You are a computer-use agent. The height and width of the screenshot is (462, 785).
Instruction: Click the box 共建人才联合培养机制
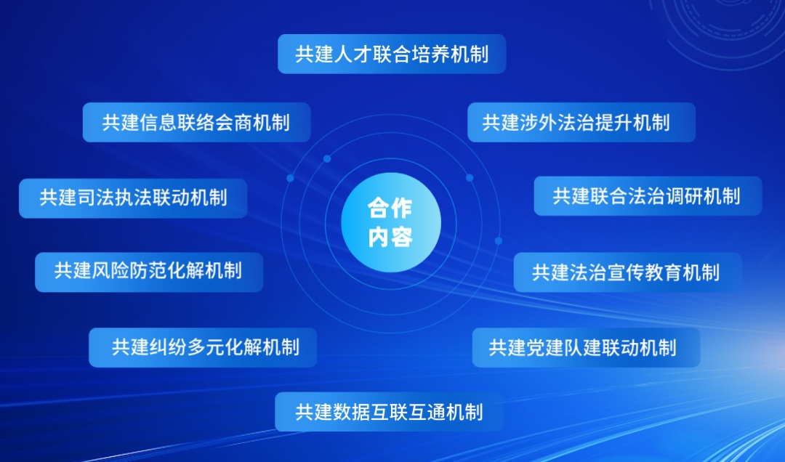(x=392, y=54)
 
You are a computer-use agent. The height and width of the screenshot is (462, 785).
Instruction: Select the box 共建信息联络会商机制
(x=196, y=123)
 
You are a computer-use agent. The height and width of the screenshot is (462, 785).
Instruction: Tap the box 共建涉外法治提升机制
(x=581, y=123)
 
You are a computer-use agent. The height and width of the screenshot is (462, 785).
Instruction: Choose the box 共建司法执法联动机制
(x=133, y=198)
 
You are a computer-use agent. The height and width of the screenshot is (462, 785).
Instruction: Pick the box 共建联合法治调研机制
(x=648, y=196)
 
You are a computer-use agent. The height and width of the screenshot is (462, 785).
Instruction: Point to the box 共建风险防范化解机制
(x=149, y=272)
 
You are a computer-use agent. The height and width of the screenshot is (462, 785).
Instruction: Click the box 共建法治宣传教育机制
(x=628, y=272)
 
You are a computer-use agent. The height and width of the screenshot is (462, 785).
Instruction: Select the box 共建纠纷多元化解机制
(x=203, y=348)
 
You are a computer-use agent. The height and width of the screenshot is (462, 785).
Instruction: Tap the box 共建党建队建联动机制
(x=587, y=348)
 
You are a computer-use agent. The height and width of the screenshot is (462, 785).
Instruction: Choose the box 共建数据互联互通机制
(x=389, y=412)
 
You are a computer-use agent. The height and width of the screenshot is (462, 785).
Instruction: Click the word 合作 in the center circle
(x=390, y=208)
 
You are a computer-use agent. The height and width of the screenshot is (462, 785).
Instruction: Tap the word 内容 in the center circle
(x=390, y=237)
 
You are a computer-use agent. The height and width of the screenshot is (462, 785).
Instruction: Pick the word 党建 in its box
(x=545, y=348)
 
